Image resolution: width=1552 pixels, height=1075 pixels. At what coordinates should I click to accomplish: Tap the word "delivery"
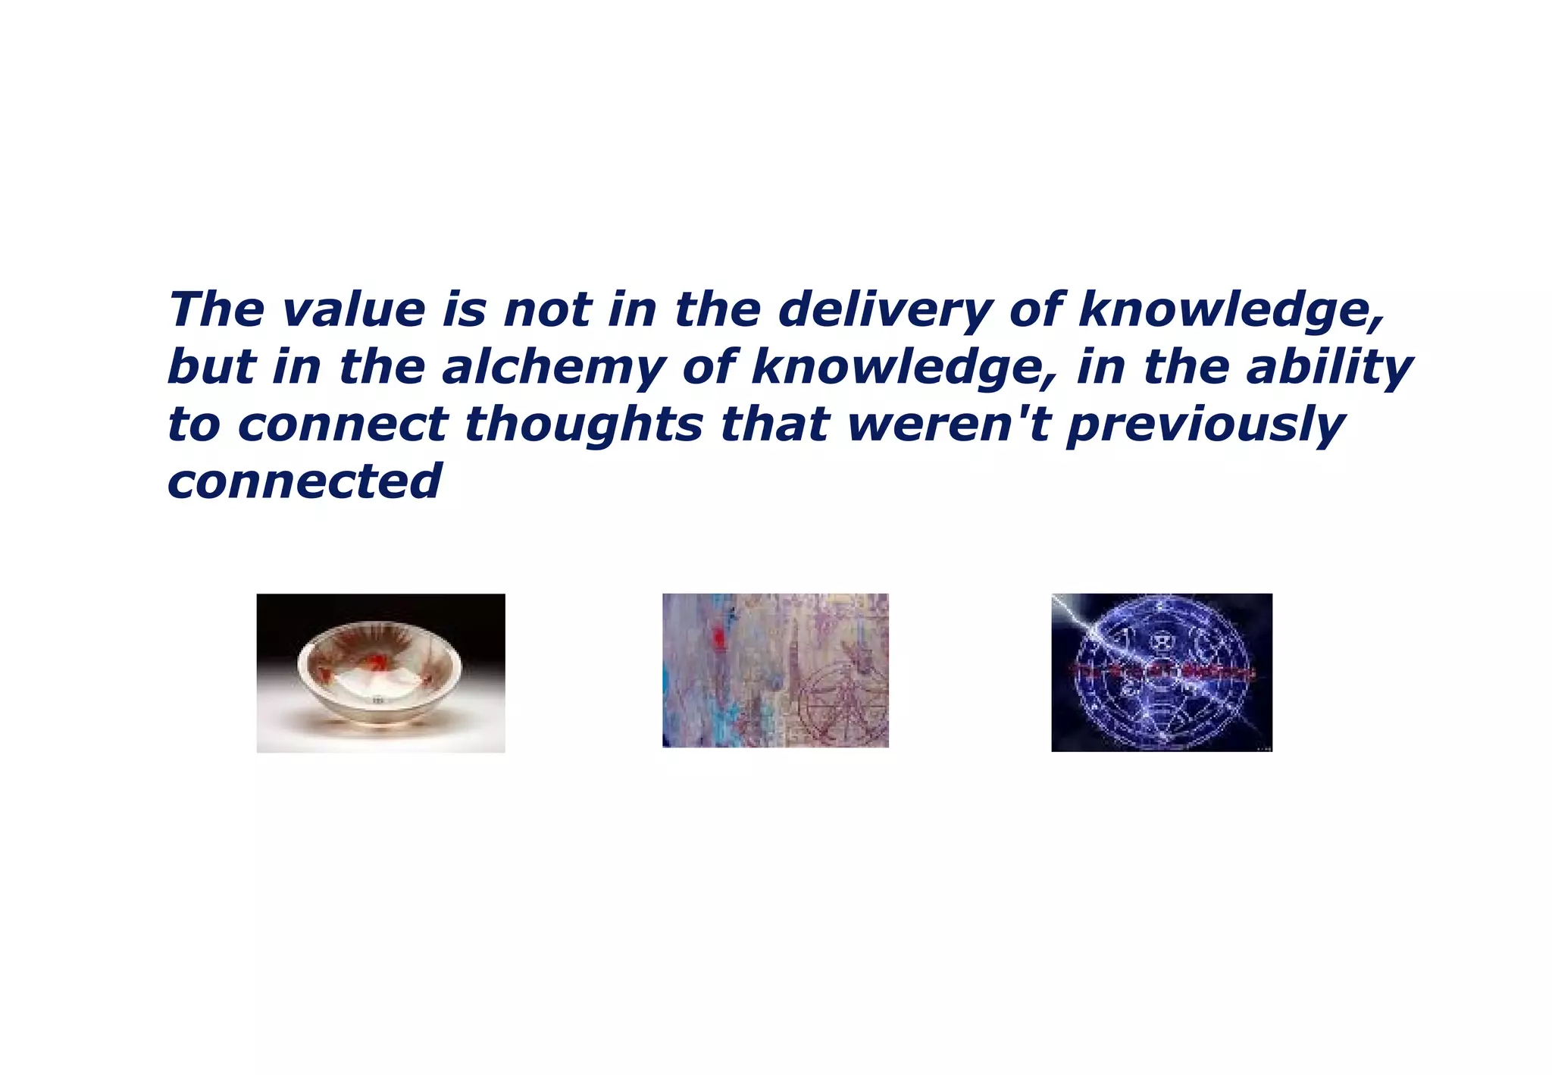[x=884, y=310]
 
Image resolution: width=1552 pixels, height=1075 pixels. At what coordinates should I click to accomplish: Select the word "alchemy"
[x=552, y=368]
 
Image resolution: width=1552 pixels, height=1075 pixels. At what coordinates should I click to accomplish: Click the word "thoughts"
[x=584, y=425]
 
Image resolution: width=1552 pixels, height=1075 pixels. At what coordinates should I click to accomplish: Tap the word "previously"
[x=1205, y=425]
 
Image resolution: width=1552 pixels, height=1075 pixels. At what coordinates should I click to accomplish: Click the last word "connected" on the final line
[x=304, y=481]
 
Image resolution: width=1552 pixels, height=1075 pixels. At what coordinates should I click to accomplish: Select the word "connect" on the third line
[x=343, y=425]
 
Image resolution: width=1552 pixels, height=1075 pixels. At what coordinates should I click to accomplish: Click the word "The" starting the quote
[x=216, y=310]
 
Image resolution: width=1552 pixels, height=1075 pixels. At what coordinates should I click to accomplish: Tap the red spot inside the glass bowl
[x=374, y=663]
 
